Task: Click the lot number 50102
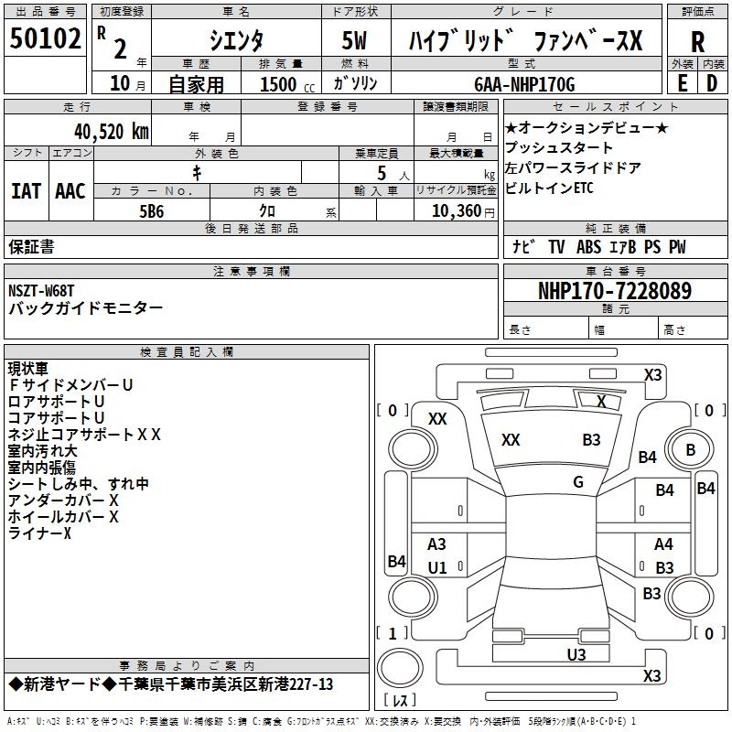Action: tap(45, 40)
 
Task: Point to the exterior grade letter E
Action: tap(683, 82)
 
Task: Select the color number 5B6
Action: tap(152, 210)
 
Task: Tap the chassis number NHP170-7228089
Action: tap(615, 291)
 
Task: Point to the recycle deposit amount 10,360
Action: tap(455, 210)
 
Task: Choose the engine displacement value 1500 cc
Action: tap(285, 84)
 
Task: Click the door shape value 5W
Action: tap(357, 41)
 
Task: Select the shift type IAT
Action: tap(26, 190)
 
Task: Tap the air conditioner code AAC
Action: tap(70, 190)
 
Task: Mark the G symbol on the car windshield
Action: tap(578, 482)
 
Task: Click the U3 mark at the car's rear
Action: tap(576, 654)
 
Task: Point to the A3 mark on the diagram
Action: tap(437, 544)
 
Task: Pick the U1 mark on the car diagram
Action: tap(437, 567)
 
